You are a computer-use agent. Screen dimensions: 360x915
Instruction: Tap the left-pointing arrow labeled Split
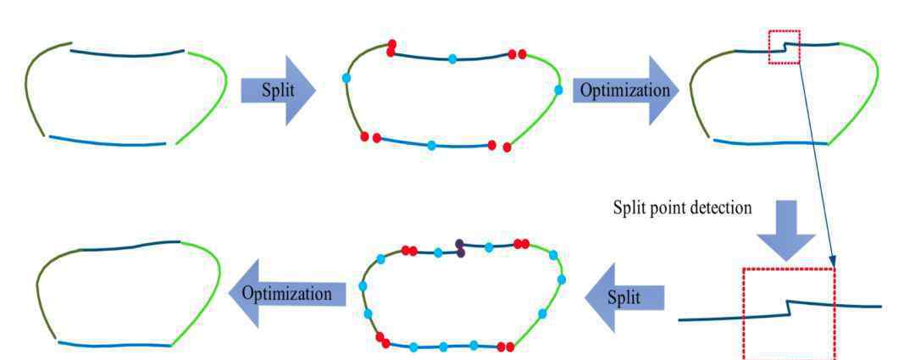(624, 297)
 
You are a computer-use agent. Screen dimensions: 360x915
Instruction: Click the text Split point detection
(682, 208)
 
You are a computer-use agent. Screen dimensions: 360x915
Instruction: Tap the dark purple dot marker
(460, 247)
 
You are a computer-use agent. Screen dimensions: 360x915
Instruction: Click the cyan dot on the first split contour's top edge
(452, 58)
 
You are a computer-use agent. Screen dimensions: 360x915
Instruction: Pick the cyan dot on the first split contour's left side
(347, 79)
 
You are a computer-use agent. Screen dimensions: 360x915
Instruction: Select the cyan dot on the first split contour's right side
(557, 89)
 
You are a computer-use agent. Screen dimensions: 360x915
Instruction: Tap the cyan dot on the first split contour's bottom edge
(431, 146)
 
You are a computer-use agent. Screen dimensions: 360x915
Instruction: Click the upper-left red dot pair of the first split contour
(391, 47)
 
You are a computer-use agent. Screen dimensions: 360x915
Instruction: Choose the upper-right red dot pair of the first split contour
(517, 54)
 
